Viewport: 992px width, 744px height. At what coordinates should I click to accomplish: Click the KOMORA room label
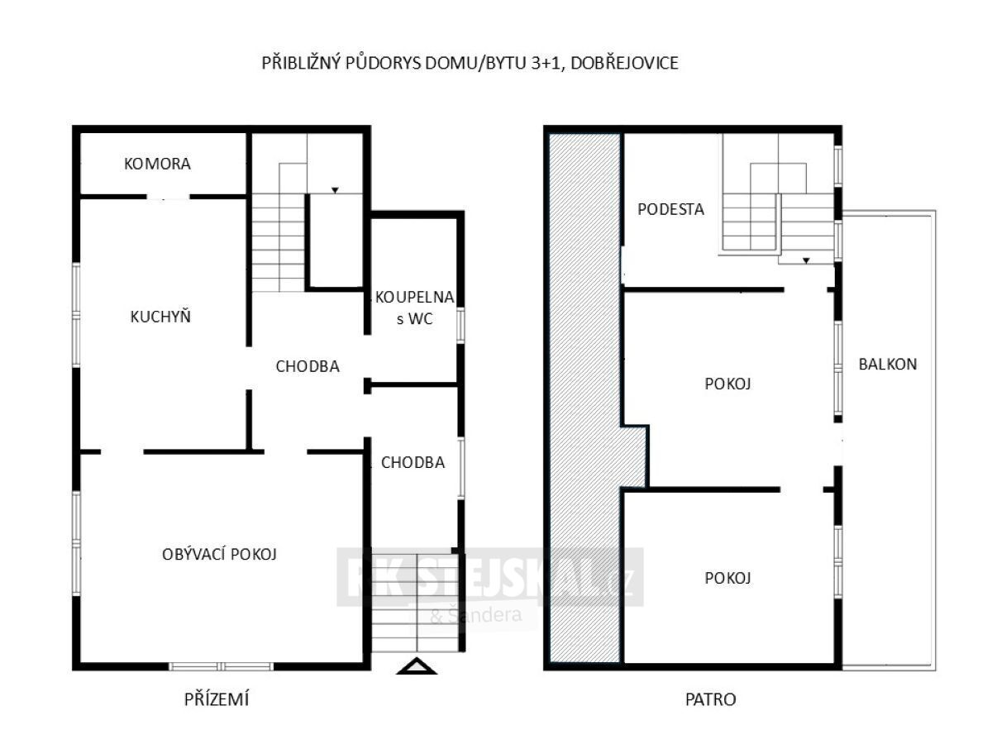pos(157,164)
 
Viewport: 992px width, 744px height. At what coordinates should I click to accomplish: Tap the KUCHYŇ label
pos(160,317)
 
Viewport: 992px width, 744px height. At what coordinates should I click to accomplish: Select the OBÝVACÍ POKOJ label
pos(219,554)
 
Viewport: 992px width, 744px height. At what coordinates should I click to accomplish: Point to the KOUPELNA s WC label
pos(415,308)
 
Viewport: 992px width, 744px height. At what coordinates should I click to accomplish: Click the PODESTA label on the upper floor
pos(670,209)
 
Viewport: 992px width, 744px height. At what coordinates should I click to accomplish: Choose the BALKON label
pos(888,364)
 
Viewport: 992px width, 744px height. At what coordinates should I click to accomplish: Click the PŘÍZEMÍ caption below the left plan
pos(217,699)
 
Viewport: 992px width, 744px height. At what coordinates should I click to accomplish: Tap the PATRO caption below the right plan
pos(710,699)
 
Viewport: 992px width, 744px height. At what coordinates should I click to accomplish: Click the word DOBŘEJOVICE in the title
pos(625,64)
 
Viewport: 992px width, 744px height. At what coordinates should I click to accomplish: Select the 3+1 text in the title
pos(546,64)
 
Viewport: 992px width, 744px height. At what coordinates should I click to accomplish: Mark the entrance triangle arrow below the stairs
pos(417,666)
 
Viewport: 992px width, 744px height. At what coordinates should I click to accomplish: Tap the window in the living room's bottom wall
pos(221,666)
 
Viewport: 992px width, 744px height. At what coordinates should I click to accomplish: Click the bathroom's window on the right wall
pos(460,325)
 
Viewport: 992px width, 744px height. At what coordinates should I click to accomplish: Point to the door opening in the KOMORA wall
pos(168,197)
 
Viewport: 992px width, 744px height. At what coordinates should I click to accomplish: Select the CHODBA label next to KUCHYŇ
pos(308,366)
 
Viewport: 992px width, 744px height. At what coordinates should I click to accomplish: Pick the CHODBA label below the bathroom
pos(413,463)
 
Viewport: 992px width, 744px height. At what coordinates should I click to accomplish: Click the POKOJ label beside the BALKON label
pos(727,384)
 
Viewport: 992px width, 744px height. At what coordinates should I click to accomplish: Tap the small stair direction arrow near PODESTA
pos(806,260)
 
